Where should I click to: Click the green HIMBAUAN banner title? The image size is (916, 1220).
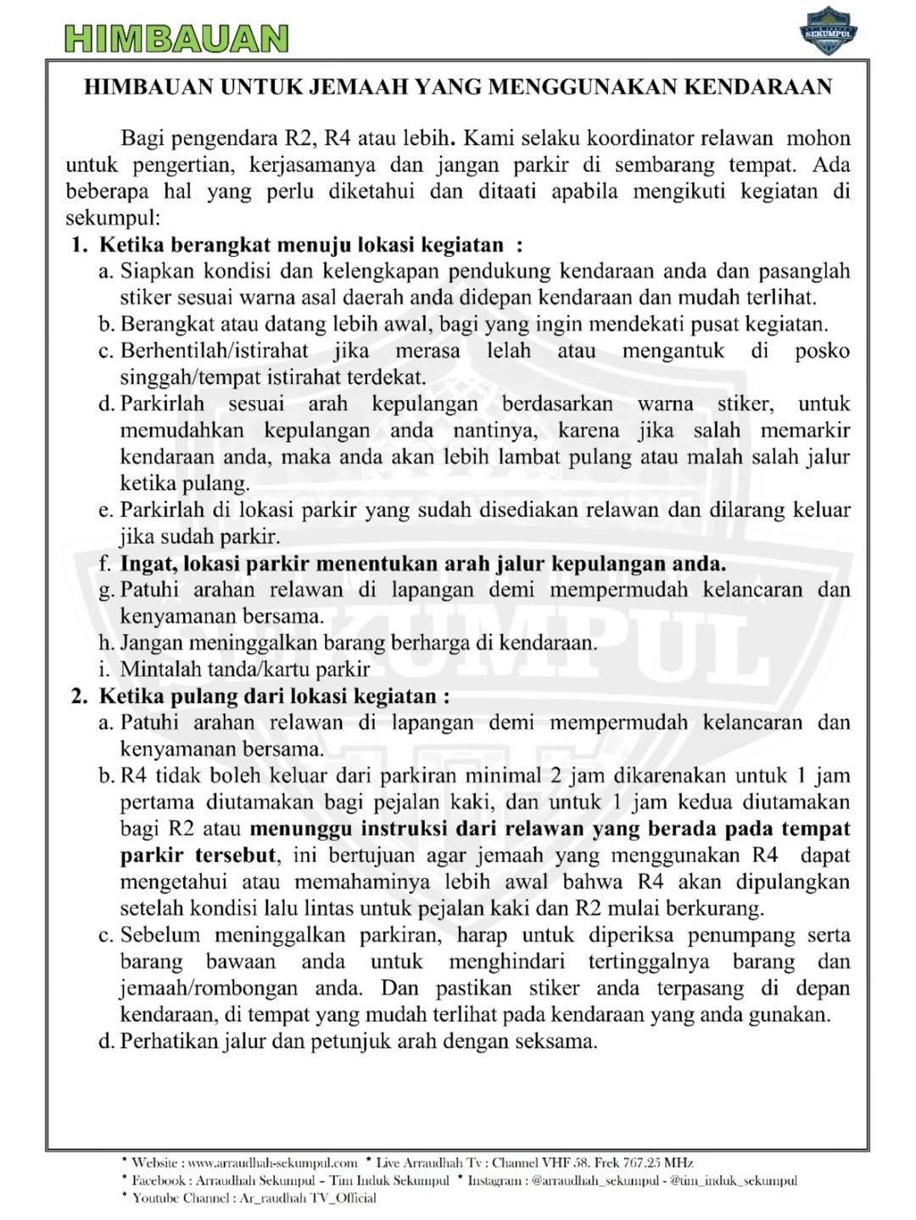tap(176, 38)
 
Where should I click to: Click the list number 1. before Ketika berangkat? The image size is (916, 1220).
tap(81, 245)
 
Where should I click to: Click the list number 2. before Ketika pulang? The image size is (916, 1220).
tap(81, 696)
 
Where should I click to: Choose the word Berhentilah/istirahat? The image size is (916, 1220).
tap(215, 351)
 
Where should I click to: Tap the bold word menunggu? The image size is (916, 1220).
tap(301, 828)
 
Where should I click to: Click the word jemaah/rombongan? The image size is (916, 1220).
tap(209, 989)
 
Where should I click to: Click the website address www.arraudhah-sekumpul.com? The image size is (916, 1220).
tap(272, 1162)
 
